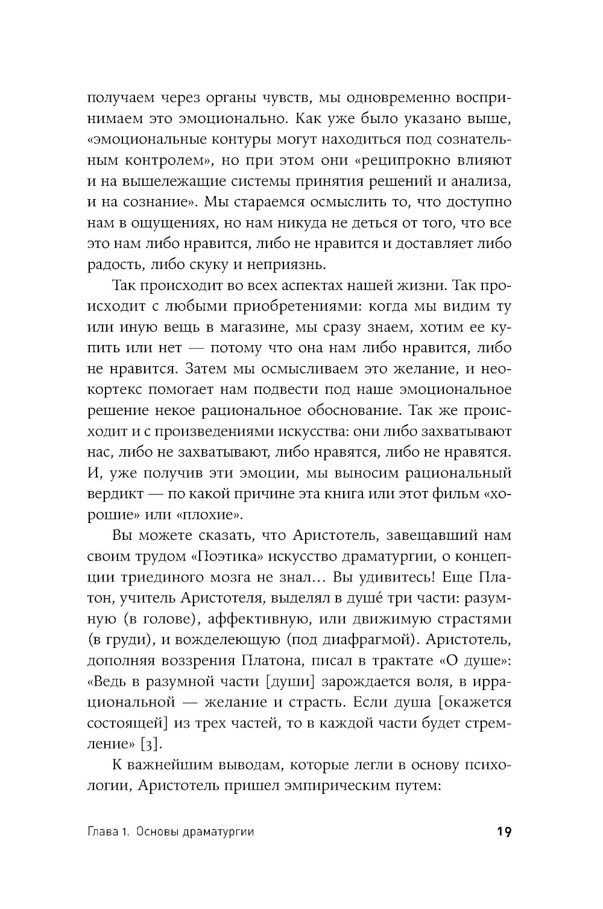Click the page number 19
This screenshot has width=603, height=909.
[504, 832]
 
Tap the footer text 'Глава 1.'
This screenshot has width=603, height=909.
[109, 832]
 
